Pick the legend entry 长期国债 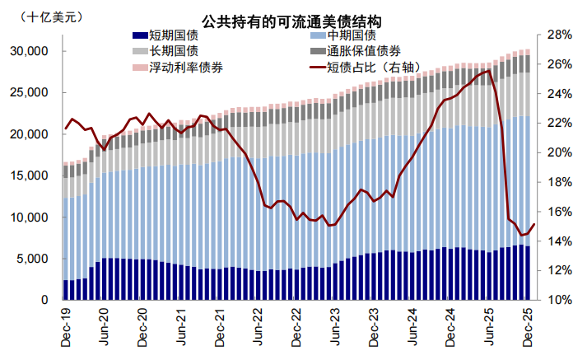(174, 51)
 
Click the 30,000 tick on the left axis (31, 51)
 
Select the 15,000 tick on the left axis (31, 175)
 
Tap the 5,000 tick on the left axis (35, 259)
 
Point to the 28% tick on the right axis (559, 35)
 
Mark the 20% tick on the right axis (559, 153)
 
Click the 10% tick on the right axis (559, 301)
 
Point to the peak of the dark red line (489, 71)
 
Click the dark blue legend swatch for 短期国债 (139, 35)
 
